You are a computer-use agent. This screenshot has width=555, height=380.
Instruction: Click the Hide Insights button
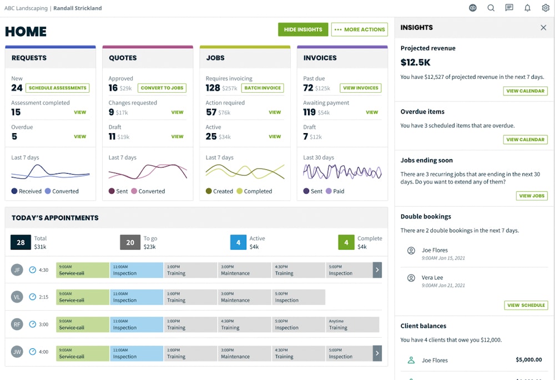pos(303,29)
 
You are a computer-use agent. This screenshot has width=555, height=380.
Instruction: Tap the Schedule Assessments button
pos(58,88)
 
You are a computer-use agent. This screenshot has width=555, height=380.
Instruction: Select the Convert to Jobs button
pos(162,88)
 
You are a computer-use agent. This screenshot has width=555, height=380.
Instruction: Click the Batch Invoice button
pos(263,88)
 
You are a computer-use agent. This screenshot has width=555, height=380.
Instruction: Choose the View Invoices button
pos(361,88)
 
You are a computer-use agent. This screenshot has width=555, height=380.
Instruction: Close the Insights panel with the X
pos(543,28)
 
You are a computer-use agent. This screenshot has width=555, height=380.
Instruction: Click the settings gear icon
pos(546,8)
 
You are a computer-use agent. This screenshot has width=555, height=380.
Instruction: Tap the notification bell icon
pos(527,8)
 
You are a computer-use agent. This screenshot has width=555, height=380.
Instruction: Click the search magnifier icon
pos(491,8)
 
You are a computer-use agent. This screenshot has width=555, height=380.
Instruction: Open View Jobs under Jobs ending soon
pos(532,196)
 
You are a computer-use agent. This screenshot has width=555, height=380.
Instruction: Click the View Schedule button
pos(526,305)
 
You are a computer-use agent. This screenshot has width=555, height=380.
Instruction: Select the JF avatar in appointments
pos(17,270)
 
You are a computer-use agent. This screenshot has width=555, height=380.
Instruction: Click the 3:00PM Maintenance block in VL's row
pos(244,297)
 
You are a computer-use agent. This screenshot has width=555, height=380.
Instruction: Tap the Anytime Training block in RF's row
pos(352,325)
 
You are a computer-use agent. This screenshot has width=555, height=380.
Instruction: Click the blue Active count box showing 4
pos(238,242)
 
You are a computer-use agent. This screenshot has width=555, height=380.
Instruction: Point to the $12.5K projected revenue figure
pos(416,63)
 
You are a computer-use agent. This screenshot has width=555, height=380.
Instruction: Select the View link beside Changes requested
pos(177,112)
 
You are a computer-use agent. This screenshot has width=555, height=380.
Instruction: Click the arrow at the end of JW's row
pos(377,353)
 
